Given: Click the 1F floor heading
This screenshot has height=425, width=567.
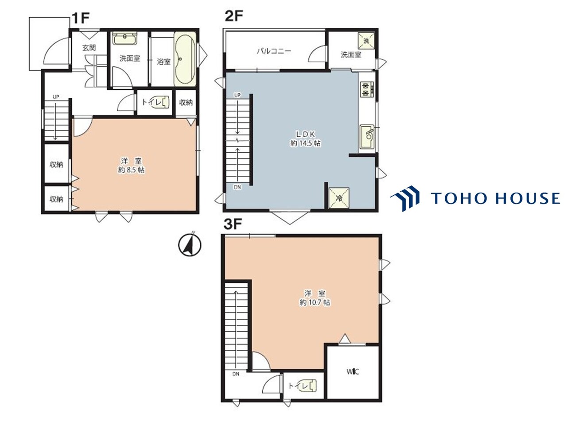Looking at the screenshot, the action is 80,18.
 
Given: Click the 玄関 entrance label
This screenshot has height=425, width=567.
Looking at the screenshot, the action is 89,48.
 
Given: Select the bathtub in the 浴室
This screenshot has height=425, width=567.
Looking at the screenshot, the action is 184,59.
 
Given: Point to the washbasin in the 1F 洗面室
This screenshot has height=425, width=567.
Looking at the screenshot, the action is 125,39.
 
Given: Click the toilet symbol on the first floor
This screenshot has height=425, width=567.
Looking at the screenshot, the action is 163,102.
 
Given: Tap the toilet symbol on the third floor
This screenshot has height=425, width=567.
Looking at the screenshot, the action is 309,386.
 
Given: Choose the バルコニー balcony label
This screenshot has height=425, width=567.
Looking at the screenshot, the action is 274,51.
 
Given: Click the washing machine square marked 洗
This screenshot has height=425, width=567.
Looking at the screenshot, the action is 366,41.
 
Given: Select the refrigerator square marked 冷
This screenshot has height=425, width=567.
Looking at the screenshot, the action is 339,198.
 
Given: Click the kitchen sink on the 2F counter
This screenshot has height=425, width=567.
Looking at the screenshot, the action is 367,137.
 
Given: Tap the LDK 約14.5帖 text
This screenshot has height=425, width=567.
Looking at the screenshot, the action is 305,139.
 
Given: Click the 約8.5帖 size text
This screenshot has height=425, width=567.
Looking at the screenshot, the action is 131,170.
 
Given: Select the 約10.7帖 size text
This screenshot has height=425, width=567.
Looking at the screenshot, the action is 315,302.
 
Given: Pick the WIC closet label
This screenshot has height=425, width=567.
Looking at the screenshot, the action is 353,372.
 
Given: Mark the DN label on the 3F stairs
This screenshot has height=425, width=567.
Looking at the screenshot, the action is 236,374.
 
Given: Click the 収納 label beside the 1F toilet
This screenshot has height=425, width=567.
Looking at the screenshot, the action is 186,102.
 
